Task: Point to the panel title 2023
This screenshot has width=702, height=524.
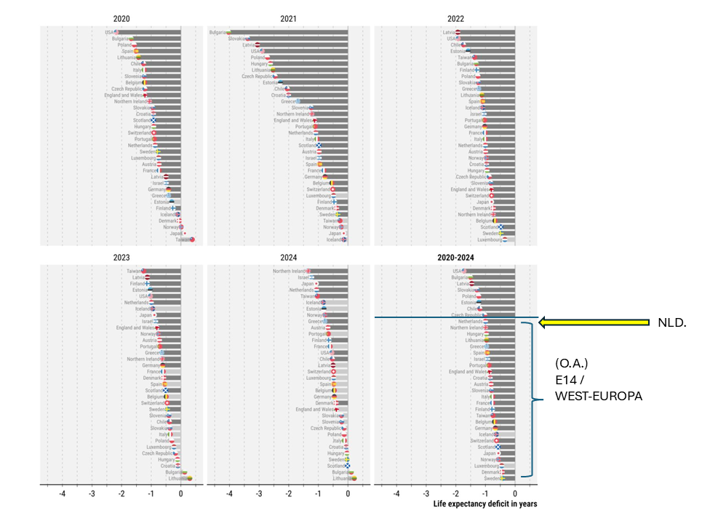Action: coord(121,257)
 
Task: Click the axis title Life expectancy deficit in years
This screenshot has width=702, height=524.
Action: coord(484,504)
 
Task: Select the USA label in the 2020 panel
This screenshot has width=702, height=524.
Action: coord(109,32)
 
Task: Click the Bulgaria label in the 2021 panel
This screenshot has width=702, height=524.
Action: coord(218,32)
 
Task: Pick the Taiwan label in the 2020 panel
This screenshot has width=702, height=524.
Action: coord(183,239)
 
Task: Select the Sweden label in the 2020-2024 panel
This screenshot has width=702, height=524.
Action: coord(492,478)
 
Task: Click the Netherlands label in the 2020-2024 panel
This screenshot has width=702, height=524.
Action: coord(470,321)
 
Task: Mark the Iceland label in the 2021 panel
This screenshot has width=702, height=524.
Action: coord(334,239)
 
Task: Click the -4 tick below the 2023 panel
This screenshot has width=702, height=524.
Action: coord(63,493)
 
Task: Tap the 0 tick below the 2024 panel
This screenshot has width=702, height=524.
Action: coord(348,493)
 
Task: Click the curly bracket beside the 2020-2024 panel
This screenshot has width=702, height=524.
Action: coord(535,399)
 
